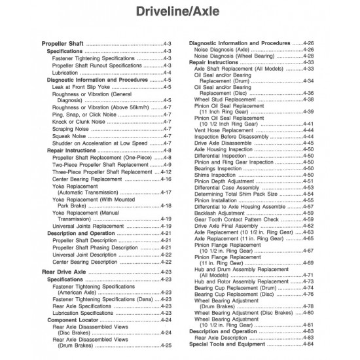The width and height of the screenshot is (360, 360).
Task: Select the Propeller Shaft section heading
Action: pyautogui.click(x=62, y=44)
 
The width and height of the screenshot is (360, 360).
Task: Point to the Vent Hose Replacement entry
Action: pyautogui.click(x=226, y=130)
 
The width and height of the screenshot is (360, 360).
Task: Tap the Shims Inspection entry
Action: pyautogui.click(x=217, y=175)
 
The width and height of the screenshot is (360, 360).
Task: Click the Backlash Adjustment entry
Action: pyautogui.click(x=221, y=212)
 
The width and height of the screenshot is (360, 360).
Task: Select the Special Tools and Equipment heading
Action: pyautogui.click(x=229, y=344)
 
